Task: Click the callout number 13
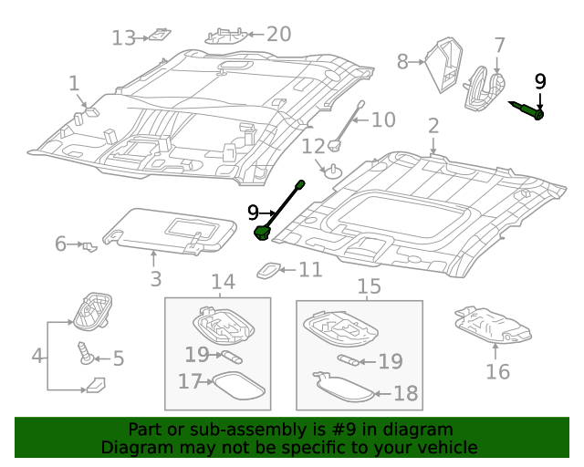(x=123, y=37)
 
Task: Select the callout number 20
(x=278, y=34)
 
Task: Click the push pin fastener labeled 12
(x=334, y=169)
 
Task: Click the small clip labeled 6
(x=89, y=245)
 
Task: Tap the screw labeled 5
(x=88, y=353)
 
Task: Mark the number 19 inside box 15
(x=391, y=362)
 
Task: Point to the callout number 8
(x=403, y=62)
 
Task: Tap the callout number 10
(x=383, y=119)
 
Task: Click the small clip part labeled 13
(x=160, y=36)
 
